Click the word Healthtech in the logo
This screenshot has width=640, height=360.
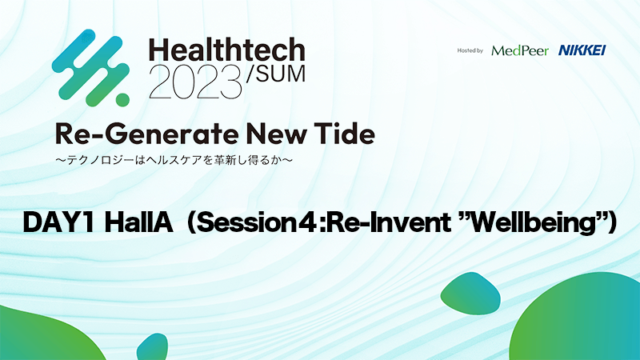[227, 50]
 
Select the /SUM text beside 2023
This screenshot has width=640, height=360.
[275, 74]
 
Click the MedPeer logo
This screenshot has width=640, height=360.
[520, 50]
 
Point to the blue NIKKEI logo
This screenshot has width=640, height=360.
[582, 50]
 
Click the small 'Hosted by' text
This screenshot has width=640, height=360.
[470, 50]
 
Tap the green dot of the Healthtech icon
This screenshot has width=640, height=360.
[122, 99]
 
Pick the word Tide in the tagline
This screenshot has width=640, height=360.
[344, 134]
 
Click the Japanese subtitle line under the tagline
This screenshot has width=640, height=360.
[174, 160]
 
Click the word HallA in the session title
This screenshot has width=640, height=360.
[138, 223]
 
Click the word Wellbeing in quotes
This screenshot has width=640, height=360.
[532, 224]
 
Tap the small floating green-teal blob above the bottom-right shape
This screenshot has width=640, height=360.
[470, 293]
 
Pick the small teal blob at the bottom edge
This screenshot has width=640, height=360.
[153, 348]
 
